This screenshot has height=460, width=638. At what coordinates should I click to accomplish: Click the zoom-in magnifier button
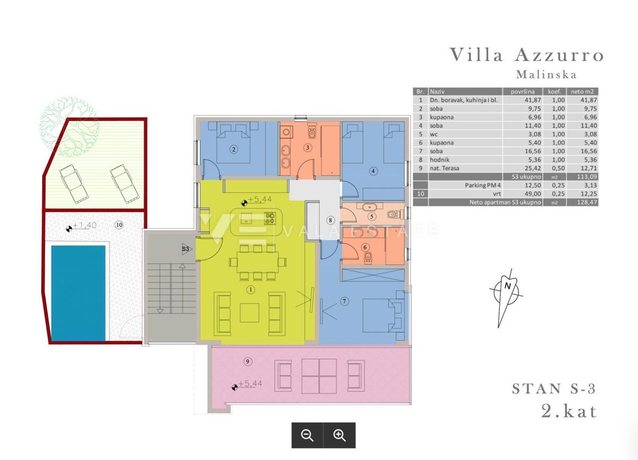340,436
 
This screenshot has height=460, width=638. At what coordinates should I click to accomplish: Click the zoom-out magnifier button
307,436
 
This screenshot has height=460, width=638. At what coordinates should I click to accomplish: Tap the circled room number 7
345,302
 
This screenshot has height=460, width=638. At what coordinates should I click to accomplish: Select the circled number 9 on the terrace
248,362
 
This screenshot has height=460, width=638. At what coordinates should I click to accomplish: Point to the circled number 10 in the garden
119,225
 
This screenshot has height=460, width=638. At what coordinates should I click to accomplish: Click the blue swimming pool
78,293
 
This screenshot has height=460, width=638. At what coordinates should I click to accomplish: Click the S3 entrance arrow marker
187,249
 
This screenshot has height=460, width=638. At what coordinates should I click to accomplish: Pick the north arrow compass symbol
506,298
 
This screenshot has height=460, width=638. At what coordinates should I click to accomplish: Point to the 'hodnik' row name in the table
440,160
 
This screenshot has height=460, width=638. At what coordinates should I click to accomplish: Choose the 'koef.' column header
554,91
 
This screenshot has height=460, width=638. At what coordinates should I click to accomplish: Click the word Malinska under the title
547,74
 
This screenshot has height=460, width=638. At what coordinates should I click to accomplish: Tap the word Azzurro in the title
559,55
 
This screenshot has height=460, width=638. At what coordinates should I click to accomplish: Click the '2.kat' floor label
569,411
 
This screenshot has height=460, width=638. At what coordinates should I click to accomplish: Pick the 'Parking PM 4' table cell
483,185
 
